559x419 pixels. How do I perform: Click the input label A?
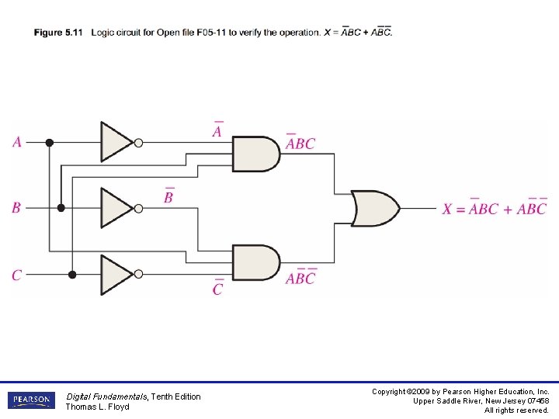(x=17, y=142)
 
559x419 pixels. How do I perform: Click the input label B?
(x=16, y=208)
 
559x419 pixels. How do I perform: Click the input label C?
(x=16, y=275)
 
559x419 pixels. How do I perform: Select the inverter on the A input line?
(x=116, y=142)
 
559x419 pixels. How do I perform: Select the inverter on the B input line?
(x=116, y=208)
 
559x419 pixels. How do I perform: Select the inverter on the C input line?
(x=116, y=275)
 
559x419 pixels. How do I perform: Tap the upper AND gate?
(x=255, y=154)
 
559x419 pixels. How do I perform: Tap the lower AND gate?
(x=255, y=263)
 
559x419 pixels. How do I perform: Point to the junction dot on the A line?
(x=50, y=142)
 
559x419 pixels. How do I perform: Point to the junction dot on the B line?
(x=61, y=208)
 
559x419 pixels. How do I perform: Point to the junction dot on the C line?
(x=72, y=275)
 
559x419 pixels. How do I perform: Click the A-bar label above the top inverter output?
(x=217, y=130)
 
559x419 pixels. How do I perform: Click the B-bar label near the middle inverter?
(x=168, y=196)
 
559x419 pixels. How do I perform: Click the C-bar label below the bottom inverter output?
(x=217, y=289)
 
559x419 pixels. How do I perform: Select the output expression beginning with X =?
(x=495, y=208)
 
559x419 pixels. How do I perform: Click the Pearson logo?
(x=31, y=400)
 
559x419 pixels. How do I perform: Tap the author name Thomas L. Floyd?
(x=97, y=407)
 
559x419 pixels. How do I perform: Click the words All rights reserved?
(x=516, y=410)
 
